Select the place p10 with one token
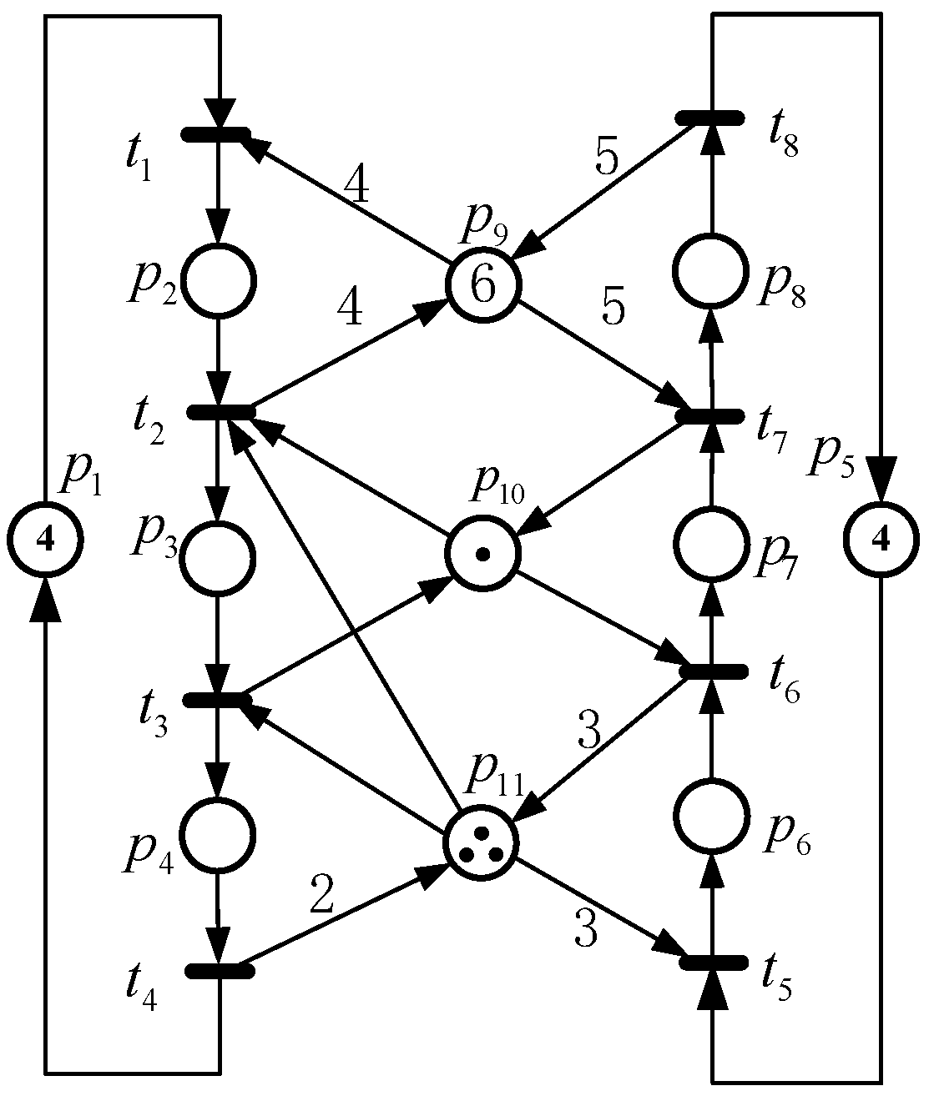[483, 552]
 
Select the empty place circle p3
[218, 556]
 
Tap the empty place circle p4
[218, 834]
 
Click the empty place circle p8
[710, 271]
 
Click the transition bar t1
[216, 134]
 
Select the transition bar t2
[221, 411]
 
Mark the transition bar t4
[218, 970]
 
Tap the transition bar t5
[712, 962]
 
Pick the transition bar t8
[709, 117]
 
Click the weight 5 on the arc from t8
[607, 156]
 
